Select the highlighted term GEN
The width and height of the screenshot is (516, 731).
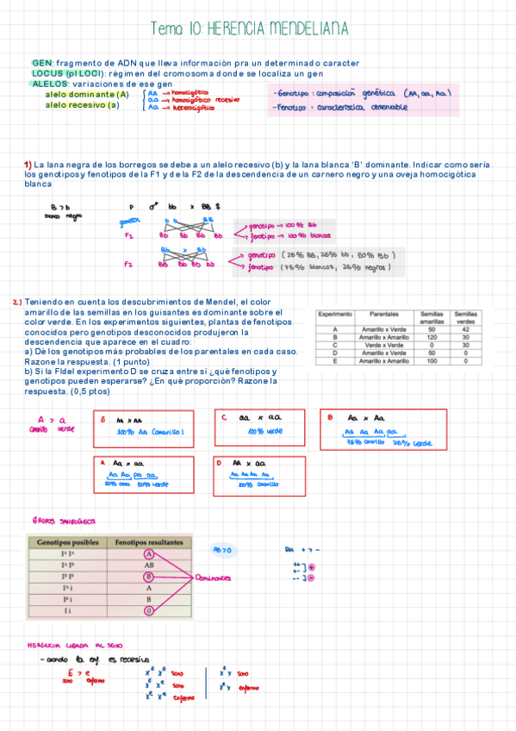point(41,64)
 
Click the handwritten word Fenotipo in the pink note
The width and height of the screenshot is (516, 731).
point(295,108)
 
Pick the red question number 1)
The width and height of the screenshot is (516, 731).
point(28,165)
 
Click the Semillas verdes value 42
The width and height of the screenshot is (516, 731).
point(466,329)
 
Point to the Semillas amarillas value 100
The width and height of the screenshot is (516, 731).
point(432,360)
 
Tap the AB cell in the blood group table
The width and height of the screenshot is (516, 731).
point(149,565)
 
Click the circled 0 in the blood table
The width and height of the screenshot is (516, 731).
point(149,609)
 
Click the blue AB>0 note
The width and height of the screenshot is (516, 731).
point(221,549)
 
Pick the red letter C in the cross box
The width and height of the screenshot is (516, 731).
point(223,417)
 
